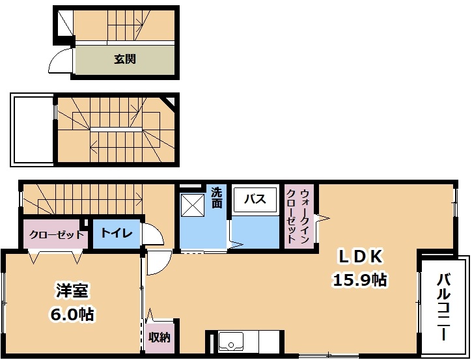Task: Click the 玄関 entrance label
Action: (x=124, y=59)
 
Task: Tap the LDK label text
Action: (x=361, y=256)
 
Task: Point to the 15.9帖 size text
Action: (x=359, y=280)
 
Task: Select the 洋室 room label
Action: (x=72, y=291)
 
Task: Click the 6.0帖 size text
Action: (x=72, y=314)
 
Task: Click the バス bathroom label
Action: (x=255, y=199)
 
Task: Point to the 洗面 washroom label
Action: (x=216, y=198)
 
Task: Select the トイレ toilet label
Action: (x=117, y=232)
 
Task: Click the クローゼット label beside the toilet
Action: (x=56, y=235)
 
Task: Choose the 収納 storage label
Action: (x=160, y=337)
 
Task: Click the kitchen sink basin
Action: (x=231, y=341)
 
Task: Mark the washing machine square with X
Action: (x=193, y=205)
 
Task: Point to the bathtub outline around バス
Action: (x=255, y=200)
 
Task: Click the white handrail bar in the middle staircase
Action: (x=116, y=129)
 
